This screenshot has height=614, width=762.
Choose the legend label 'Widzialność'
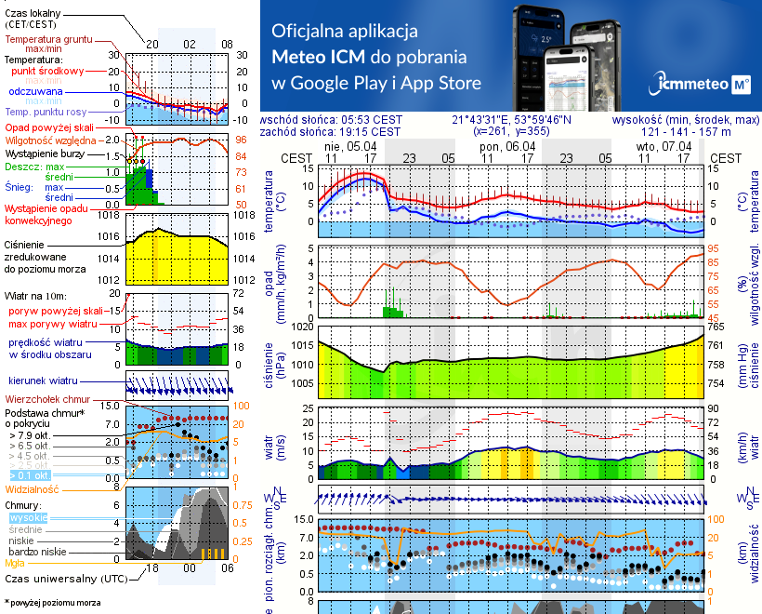click(x=33, y=487)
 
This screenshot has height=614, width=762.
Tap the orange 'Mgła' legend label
click(x=15, y=563)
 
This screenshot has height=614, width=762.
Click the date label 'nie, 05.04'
click(x=350, y=146)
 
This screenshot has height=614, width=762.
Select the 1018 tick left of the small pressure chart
click(x=110, y=215)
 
